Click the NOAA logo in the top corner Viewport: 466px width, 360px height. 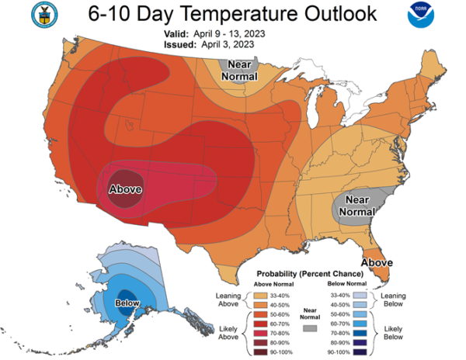(x=421, y=15)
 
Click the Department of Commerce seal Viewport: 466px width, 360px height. (x=44, y=15)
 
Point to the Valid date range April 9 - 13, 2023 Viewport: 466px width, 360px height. (x=229, y=34)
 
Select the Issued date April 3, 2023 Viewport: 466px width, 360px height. (x=228, y=44)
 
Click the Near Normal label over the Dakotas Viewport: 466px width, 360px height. (x=239, y=71)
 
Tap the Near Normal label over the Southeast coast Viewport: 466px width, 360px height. (x=357, y=206)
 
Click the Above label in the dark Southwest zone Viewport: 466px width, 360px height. (x=125, y=189)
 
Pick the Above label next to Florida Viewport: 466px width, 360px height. (x=377, y=263)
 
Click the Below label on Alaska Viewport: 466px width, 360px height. (x=127, y=303)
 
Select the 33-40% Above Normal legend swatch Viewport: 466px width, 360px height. (x=260, y=296)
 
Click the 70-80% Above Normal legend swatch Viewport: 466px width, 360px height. (x=260, y=334)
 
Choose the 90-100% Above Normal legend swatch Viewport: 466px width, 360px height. (x=260, y=352)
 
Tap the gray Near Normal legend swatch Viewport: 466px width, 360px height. (x=310, y=328)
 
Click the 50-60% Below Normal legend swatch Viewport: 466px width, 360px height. (x=360, y=314)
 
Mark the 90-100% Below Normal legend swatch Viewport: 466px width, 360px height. (x=360, y=352)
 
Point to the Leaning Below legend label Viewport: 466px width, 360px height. (x=393, y=299)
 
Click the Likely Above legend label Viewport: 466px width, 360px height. (x=228, y=333)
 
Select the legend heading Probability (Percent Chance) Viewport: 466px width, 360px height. (x=310, y=274)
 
